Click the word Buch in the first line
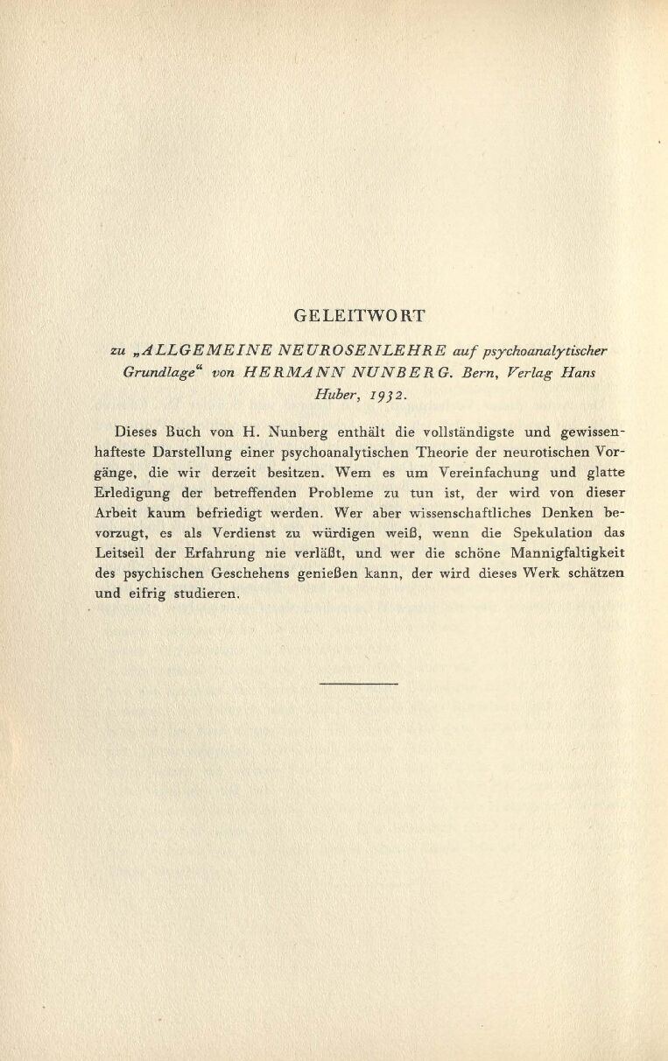(183, 432)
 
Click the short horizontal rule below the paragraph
(359, 683)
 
